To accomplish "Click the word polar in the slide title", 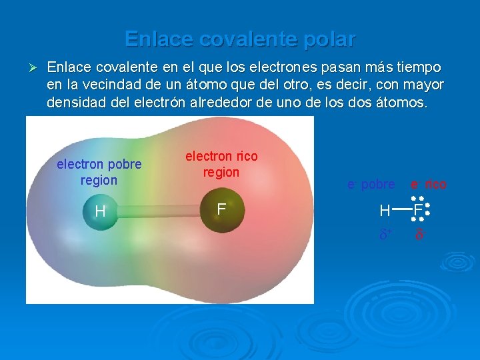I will pos(327,39).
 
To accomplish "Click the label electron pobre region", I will pos(99,172).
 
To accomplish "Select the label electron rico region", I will pos(221,164).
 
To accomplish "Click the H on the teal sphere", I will pos(100,212).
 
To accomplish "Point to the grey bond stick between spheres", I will pos(160,212).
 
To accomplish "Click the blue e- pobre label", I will pos(371,184).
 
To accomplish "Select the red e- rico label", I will pos(428,184).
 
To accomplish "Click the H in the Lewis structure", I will pos(385,212).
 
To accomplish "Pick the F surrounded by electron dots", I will pos(417,211).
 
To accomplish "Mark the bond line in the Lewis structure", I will pos(401,209).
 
